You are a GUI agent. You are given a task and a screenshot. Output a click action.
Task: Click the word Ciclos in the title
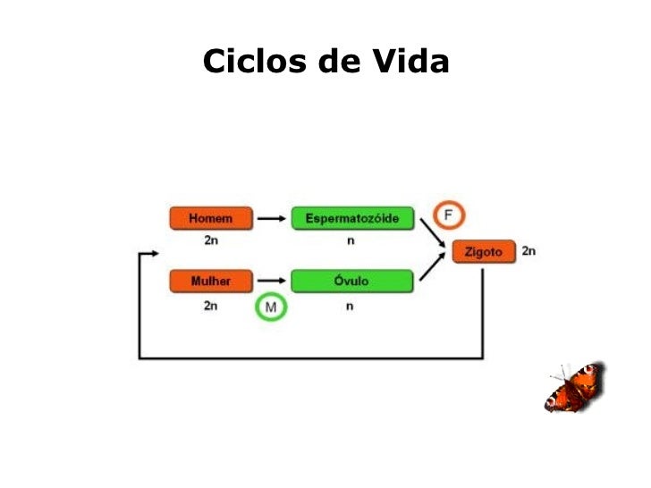coord(253,62)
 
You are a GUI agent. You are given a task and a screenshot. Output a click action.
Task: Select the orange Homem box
coord(211,218)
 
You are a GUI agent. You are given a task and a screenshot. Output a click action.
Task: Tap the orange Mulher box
coord(211,282)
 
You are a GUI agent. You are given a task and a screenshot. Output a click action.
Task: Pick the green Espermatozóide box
coord(352,218)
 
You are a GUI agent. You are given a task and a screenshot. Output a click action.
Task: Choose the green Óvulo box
coord(352,282)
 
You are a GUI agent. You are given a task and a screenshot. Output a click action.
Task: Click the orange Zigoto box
coord(484,252)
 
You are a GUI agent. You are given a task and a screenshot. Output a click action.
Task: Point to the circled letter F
coord(449,216)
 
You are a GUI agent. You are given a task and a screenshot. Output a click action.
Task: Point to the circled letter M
coord(270,308)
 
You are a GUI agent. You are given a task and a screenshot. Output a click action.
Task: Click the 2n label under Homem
coord(211,241)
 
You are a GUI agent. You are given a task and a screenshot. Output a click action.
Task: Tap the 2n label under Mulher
coord(211,306)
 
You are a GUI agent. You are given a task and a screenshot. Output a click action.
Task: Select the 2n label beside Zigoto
coord(528,251)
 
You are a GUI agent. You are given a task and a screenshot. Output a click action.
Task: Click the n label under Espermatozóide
coord(351,241)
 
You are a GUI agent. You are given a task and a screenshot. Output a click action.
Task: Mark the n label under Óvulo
coord(351,306)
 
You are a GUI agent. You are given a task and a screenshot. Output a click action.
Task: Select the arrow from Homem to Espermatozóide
coord(272,218)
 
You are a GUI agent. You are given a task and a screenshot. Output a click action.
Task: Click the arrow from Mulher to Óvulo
coord(272,282)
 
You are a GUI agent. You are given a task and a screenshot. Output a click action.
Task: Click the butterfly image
coord(574,386)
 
